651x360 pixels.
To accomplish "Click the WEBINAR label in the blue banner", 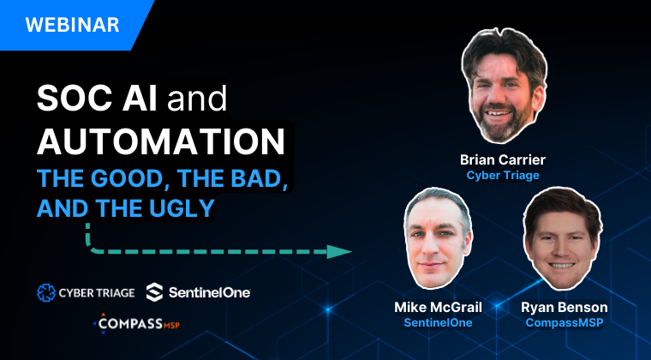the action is click(72, 25).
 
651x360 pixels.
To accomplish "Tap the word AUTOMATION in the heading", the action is click(161, 141).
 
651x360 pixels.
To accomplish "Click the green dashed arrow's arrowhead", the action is click(339, 252).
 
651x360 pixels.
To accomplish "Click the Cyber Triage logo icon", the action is click(45, 293).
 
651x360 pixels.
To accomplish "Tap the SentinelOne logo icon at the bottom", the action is click(154, 292).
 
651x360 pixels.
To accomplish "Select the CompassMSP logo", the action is click(136, 323).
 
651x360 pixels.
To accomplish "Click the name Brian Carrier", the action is click(502, 159).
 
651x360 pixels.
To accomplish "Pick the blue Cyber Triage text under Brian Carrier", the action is click(503, 175).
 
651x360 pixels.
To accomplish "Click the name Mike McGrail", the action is click(438, 307).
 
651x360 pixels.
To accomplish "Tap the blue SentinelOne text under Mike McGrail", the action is click(438, 322).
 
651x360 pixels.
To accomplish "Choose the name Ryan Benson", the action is click(564, 307).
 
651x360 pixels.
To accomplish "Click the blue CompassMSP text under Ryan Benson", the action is click(564, 322).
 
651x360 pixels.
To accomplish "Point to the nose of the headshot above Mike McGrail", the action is click(432, 249).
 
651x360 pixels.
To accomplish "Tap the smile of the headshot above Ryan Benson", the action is click(561, 265).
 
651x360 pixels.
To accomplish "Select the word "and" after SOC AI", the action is click(197, 99).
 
